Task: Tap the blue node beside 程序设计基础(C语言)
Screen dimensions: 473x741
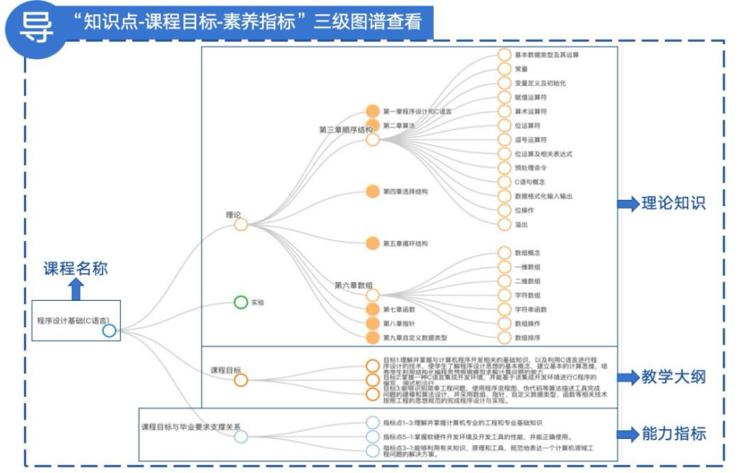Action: (x=109, y=331)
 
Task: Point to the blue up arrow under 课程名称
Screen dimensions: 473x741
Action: (x=76, y=289)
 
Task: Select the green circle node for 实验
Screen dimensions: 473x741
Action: (x=241, y=302)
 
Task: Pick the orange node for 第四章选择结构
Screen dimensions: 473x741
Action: (x=372, y=191)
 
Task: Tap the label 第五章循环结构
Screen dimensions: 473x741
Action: (x=405, y=243)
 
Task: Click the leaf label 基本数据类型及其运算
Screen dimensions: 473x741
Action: (x=546, y=55)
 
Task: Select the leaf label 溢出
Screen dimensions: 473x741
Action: (x=521, y=224)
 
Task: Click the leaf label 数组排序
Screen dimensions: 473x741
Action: (x=528, y=337)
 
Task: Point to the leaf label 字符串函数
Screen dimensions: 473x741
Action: (x=531, y=309)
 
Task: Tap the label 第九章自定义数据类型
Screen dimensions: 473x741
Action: (x=414, y=337)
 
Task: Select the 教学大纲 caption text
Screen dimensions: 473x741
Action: (x=673, y=377)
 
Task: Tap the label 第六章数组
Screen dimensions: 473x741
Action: (x=353, y=285)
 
